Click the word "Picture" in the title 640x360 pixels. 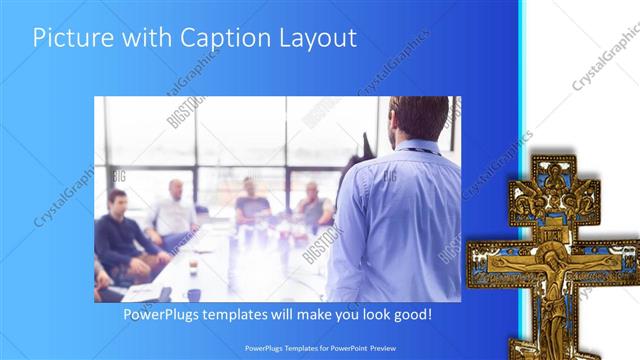(68, 38)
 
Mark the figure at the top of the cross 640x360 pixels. (551, 180)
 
